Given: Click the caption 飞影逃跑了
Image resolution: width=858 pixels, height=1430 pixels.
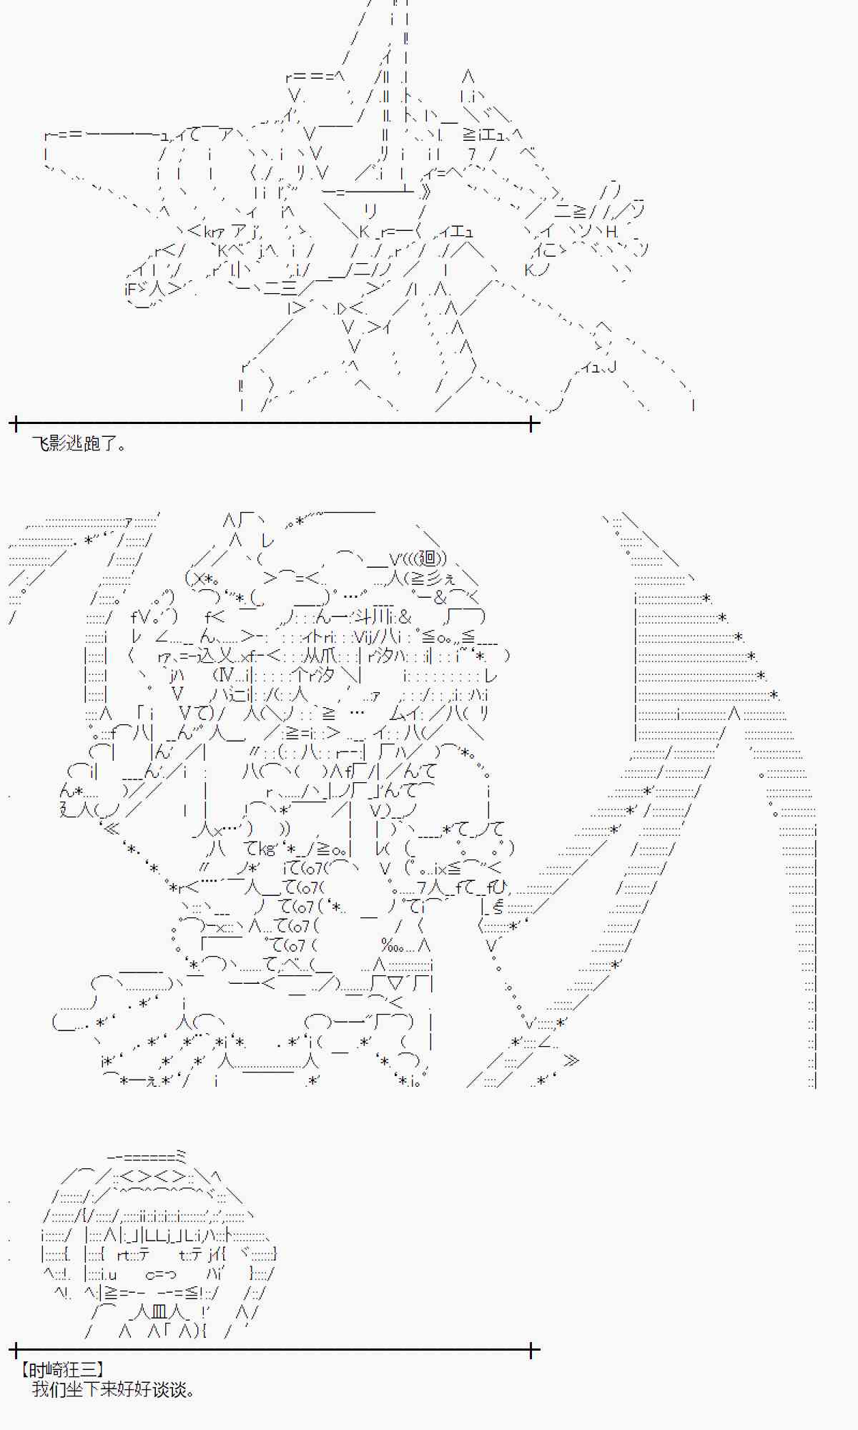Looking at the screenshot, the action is (79, 444).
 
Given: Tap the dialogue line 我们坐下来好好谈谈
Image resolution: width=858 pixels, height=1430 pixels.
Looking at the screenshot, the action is (113, 1389).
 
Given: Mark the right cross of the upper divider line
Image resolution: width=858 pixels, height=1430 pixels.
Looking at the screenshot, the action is (532, 424).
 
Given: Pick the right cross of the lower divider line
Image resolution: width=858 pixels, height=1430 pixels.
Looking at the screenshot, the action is (532, 1351).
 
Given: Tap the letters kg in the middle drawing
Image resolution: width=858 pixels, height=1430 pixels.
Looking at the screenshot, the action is (266, 849).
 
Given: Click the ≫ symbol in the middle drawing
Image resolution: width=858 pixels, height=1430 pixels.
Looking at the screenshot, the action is (571, 1060).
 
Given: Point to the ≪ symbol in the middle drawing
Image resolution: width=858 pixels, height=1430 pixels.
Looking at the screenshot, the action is (111, 829).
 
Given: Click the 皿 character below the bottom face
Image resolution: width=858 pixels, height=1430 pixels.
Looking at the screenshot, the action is (159, 1311).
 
